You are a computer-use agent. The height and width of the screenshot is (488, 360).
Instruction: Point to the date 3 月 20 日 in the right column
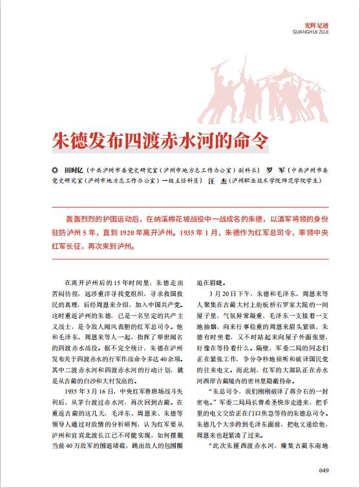[220, 293]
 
